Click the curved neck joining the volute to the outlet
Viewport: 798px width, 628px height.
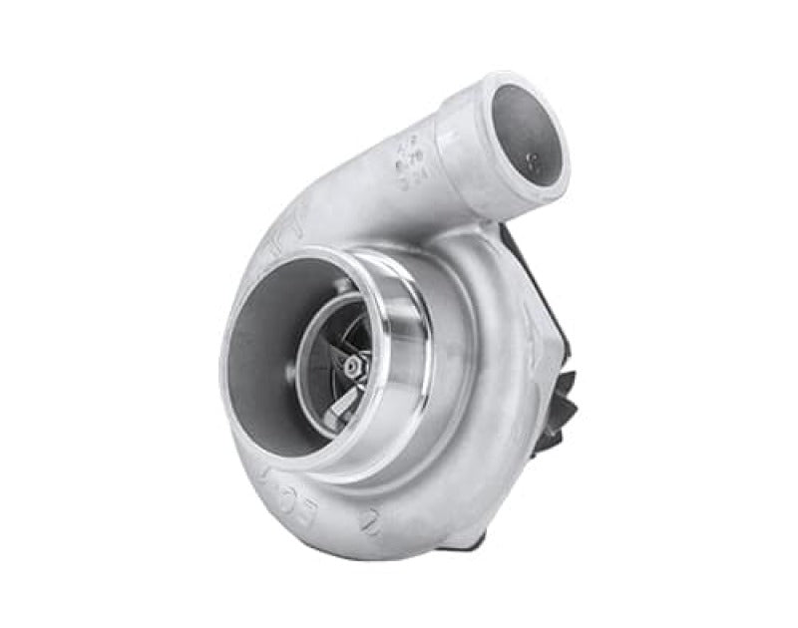click(379, 199)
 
